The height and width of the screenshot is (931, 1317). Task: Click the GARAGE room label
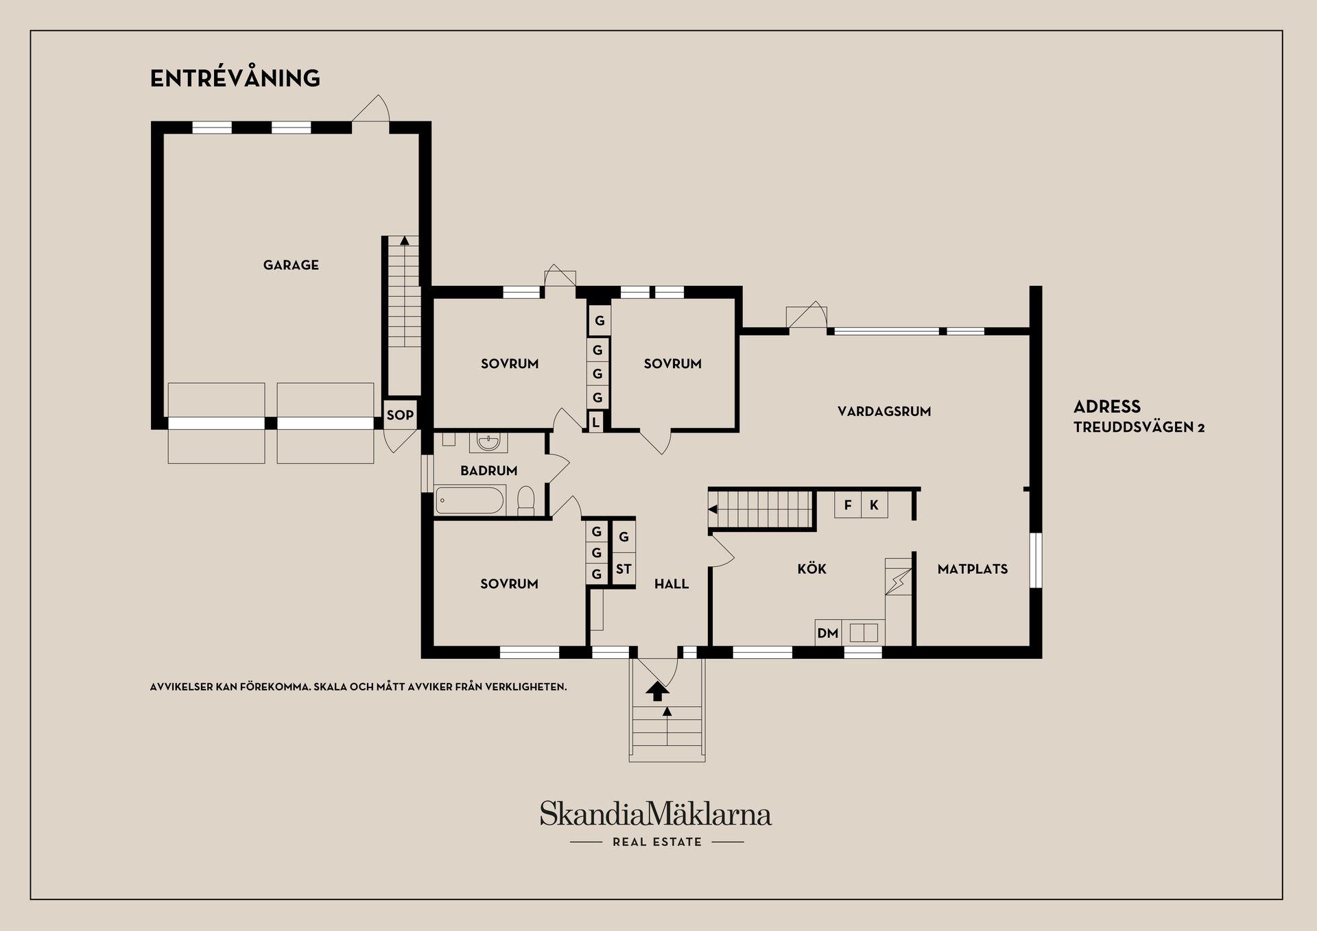pyautogui.click(x=291, y=265)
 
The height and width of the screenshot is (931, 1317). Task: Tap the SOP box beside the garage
pyautogui.click(x=400, y=415)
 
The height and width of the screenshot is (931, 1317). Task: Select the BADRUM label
pyautogui.click(x=488, y=471)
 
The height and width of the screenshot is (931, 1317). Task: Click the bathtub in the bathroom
pyautogui.click(x=470, y=500)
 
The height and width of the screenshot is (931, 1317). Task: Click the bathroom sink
pyautogui.click(x=489, y=443)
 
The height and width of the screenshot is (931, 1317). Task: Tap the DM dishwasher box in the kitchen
pyautogui.click(x=828, y=633)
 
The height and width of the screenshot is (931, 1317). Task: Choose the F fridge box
pyautogui.click(x=848, y=505)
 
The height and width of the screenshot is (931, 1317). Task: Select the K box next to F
pyautogui.click(x=875, y=505)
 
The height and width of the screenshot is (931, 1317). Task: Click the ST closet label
pyautogui.click(x=624, y=569)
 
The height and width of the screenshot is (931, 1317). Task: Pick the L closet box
pyautogui.click(x=595, y=422)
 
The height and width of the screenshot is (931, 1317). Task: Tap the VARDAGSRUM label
pyautogui.click(x=884, y=411)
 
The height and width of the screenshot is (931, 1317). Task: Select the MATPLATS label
pyautogui.click(x=973, y=569)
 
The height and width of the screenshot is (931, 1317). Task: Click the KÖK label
pyautogui.click(x=812, y=568)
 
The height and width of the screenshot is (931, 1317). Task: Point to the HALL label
pyautogui.click(x=672, y=584)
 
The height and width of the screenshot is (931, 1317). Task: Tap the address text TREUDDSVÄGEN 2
pyautogui.click(x=1139, y=427)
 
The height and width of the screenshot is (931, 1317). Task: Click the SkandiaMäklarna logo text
pyautogui.click(x=656, y=814)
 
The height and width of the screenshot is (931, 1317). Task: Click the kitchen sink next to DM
pyautogui.click(x=864, y=633)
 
